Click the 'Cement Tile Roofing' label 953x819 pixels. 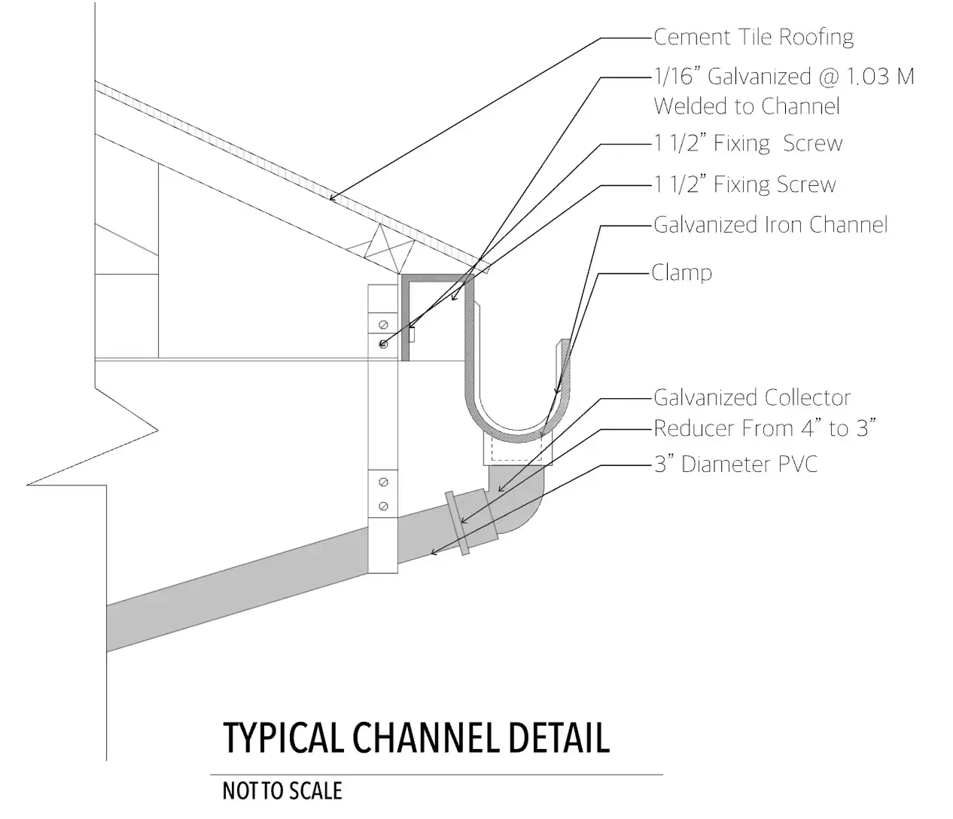click(753, 37)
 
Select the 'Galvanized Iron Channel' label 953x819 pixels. click(770, 224)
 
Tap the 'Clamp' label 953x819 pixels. click(682, 272)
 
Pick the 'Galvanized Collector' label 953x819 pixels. click(751, 397)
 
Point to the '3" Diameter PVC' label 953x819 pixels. click(735, 464)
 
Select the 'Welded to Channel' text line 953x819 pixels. click(746, 106)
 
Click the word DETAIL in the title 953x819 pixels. click(557, 738)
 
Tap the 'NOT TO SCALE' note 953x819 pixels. click(282, 791)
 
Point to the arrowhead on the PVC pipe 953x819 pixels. click(432, 553)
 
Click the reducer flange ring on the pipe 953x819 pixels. click(458, 522)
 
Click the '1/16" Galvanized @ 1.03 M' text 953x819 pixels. click(783, 77)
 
